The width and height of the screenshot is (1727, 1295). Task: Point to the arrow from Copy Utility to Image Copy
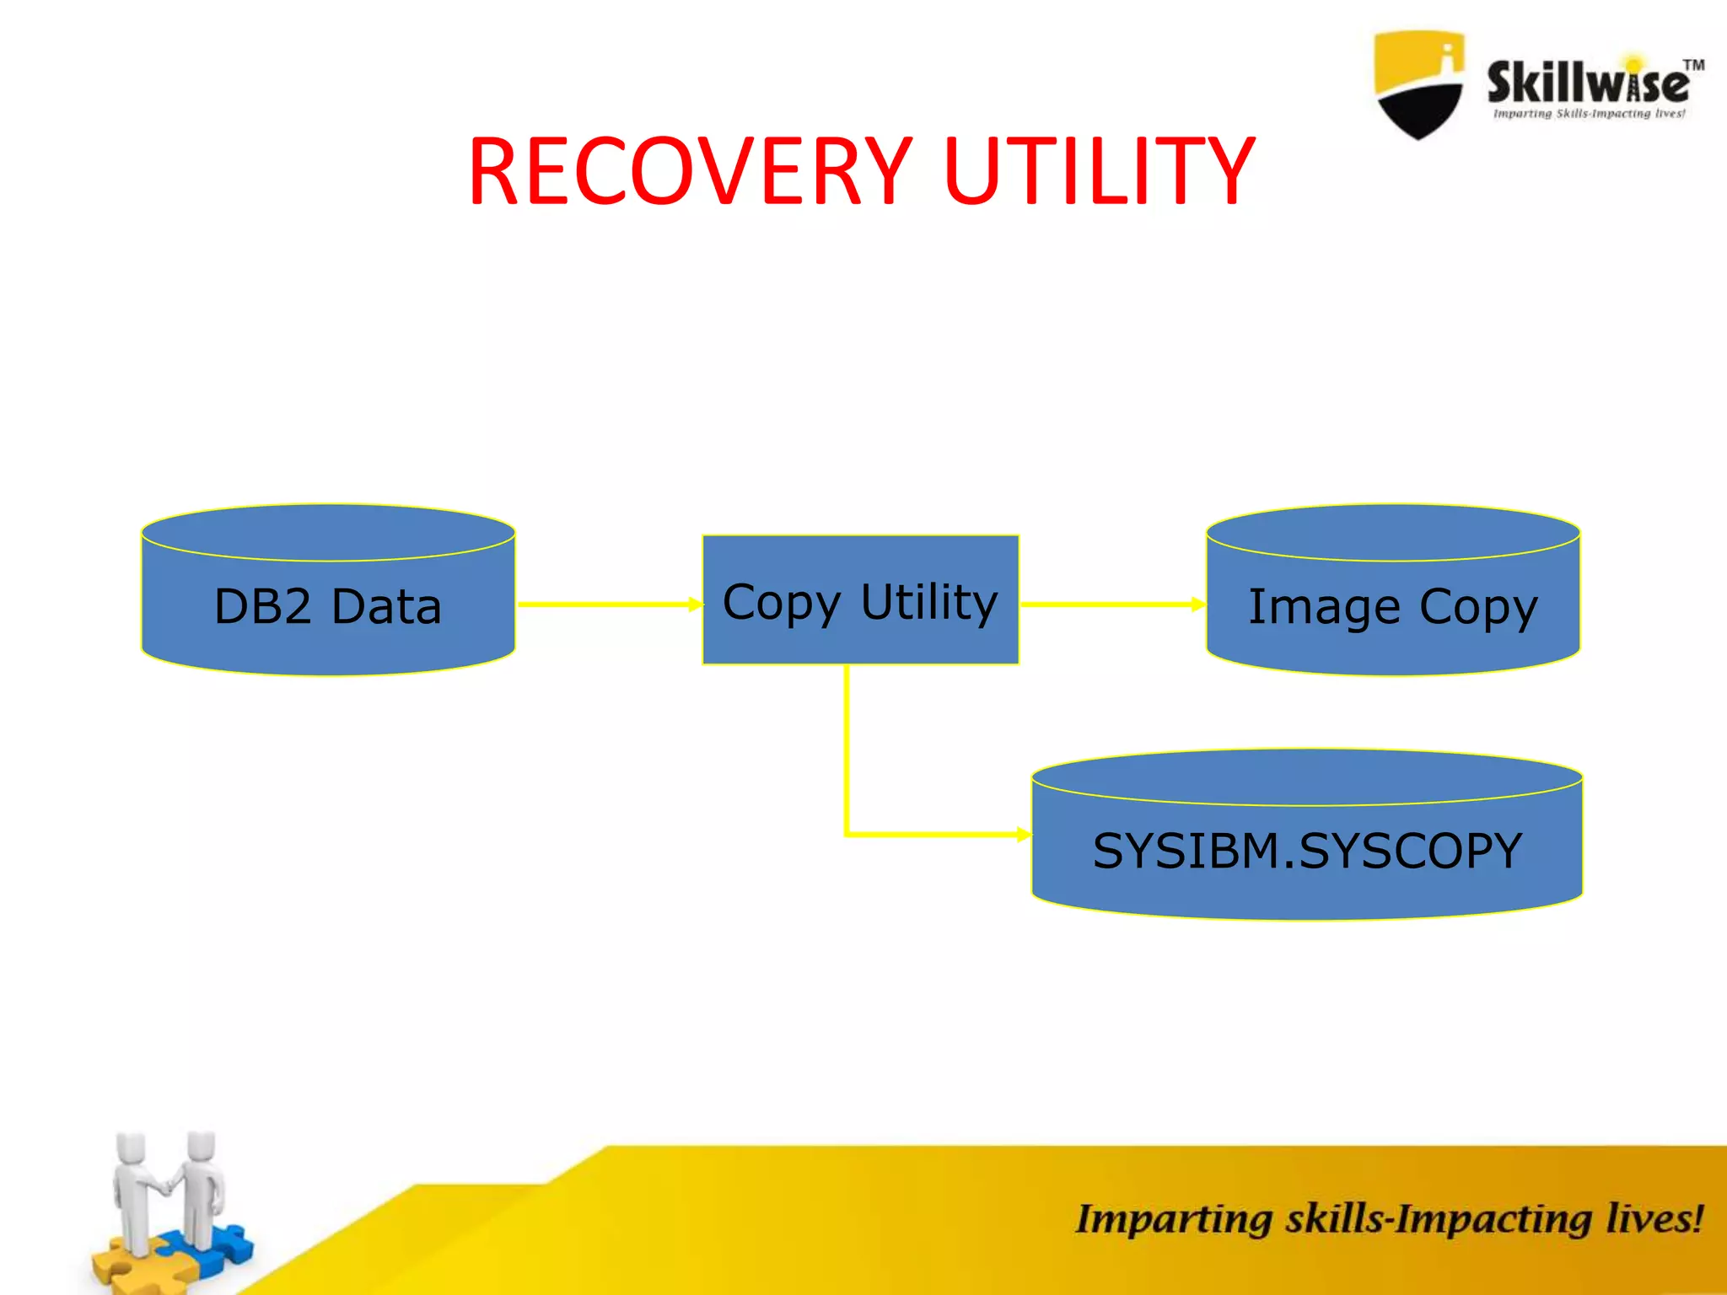click(1111, 604)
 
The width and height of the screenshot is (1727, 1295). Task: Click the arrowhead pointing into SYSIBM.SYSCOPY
click(1023, 835)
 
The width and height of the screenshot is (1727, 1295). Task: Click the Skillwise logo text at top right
click(1585, 83)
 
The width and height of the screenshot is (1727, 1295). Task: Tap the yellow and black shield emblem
click(1419, 84)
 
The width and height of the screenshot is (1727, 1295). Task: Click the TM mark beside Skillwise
click(1693, 65)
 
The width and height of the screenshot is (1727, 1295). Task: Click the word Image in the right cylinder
click(1324, 607)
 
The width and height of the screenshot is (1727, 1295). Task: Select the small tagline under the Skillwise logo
click(1589, 114)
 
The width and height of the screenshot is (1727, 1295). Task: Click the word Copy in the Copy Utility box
click(782, 603)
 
